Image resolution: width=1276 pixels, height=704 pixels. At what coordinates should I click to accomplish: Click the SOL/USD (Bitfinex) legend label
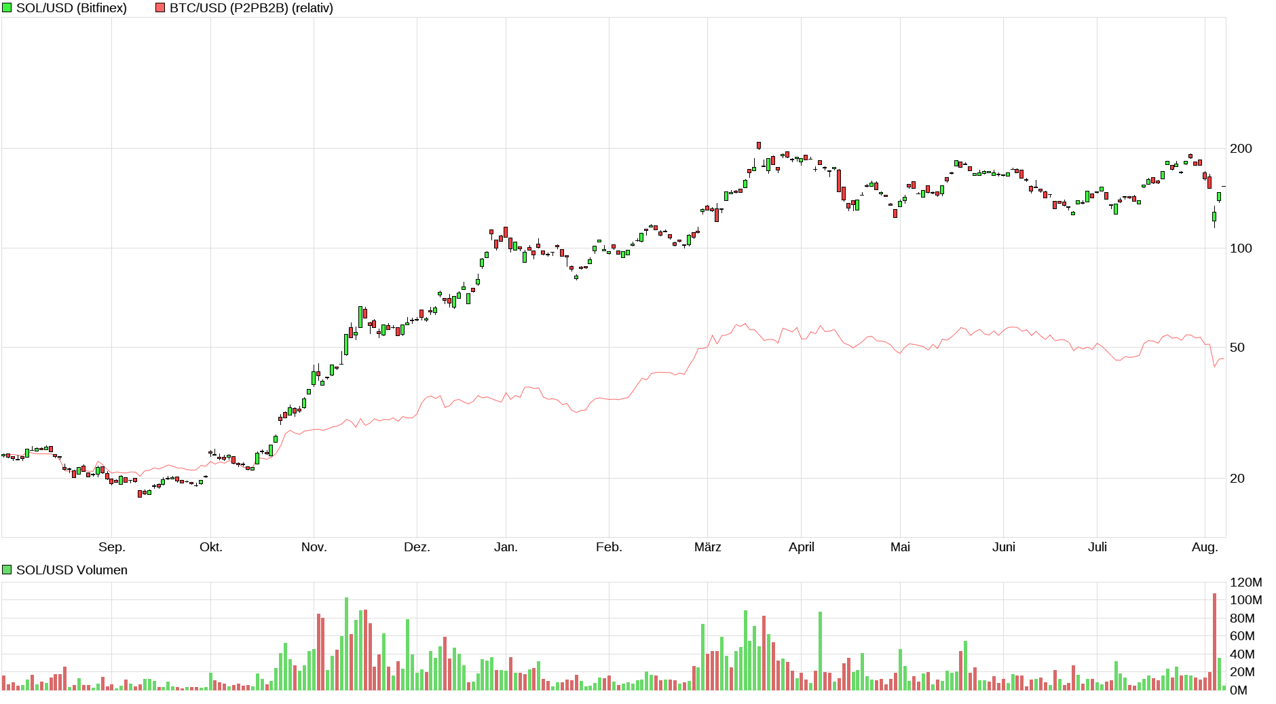[71, 8]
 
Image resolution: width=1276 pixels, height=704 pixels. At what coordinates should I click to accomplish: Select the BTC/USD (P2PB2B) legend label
[251, 8]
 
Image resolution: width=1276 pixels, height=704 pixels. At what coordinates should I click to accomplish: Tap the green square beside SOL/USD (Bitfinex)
[7, 8]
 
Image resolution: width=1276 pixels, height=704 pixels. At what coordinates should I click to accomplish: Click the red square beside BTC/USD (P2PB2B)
[160, 8]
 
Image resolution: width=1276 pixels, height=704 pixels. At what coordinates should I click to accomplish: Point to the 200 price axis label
[1241, 149]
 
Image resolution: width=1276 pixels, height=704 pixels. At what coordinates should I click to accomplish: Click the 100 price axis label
[1241, 248]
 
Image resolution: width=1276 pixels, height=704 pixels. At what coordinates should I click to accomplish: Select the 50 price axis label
[1237, 348]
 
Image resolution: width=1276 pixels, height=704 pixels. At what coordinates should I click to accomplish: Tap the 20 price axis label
[1237, 479]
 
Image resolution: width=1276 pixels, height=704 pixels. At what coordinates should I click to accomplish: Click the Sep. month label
[112, 547]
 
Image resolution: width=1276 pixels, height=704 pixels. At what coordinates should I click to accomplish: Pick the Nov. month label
[314, 547]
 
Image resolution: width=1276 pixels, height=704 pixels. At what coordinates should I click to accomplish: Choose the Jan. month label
[506, 547]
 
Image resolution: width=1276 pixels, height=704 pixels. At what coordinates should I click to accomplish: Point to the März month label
[707, 547]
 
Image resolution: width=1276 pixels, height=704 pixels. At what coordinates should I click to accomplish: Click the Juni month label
[1004, 547]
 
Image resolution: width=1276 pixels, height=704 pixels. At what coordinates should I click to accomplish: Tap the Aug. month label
[1205, 547]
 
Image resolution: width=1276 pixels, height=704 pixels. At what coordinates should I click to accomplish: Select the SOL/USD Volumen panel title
[71, 570]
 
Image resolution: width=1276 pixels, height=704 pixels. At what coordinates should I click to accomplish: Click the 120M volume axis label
[1245, 582]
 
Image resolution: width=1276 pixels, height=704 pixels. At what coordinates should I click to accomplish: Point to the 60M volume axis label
[1242, 636]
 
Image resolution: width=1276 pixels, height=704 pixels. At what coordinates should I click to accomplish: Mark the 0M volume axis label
[1239, 690]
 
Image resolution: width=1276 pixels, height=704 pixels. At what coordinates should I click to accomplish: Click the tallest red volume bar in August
[1215, 642]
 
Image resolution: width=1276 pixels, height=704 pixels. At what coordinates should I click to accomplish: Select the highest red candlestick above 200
[759, 145]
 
